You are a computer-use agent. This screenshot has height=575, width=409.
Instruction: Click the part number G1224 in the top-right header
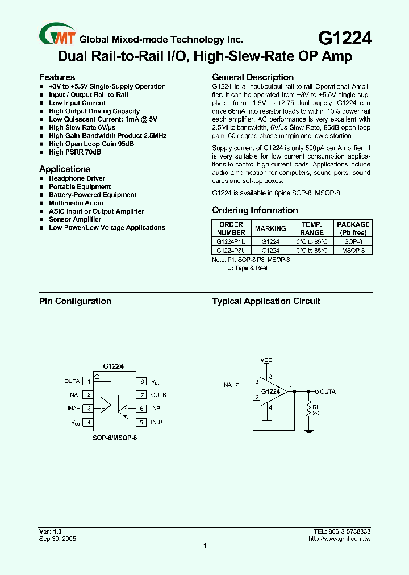(x=345, y=37)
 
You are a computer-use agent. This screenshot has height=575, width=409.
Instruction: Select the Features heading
(x=57, y=77)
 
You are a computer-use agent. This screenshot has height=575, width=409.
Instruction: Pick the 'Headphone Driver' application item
(x=77, y=178)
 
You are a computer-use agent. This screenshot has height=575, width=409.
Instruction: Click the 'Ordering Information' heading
(x=254, y=210)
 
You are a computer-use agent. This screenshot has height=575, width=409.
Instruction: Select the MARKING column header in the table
(x=270, y=228)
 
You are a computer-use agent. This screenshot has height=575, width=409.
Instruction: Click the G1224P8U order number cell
(x=231, y=249)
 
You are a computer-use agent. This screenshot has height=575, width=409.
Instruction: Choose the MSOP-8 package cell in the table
(x=353, y=249)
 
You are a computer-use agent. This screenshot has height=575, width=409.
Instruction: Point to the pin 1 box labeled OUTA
(x=89, y=381)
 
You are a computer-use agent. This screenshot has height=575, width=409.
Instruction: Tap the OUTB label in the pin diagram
(x=158, y=395)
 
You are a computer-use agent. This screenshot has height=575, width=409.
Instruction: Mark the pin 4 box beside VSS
(x=89, y=422)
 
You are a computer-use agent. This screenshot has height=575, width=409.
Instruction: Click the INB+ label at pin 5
(x=157, y=422)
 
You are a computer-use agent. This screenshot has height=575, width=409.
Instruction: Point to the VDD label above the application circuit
(x=266, y=360)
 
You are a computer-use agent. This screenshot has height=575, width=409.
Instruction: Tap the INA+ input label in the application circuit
(x=229, y=385)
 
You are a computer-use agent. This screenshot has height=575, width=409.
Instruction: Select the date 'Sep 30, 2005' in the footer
(x=57, y=538)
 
